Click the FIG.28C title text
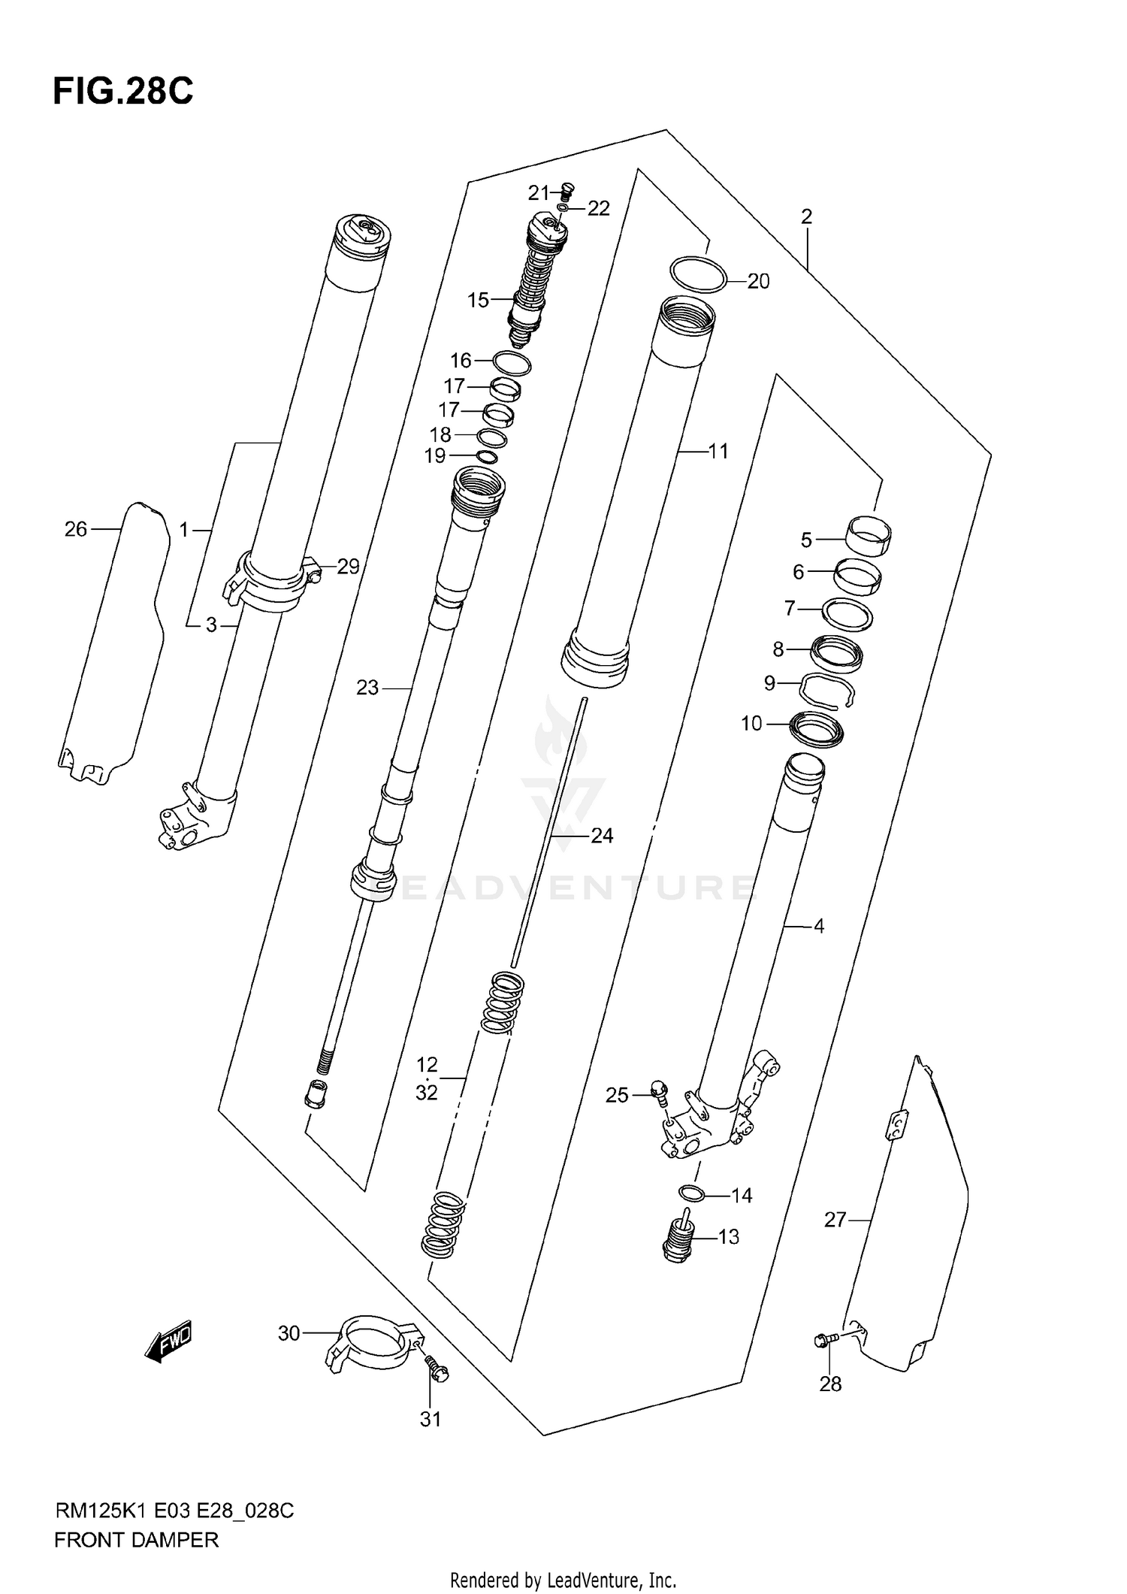122,92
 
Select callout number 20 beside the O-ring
758,281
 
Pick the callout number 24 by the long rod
602,835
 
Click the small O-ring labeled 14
691,1193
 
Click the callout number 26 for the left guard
76,529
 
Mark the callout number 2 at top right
807,216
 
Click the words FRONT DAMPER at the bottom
136,1540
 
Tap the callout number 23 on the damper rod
367,687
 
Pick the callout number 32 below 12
426,1092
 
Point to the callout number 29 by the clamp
348,566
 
